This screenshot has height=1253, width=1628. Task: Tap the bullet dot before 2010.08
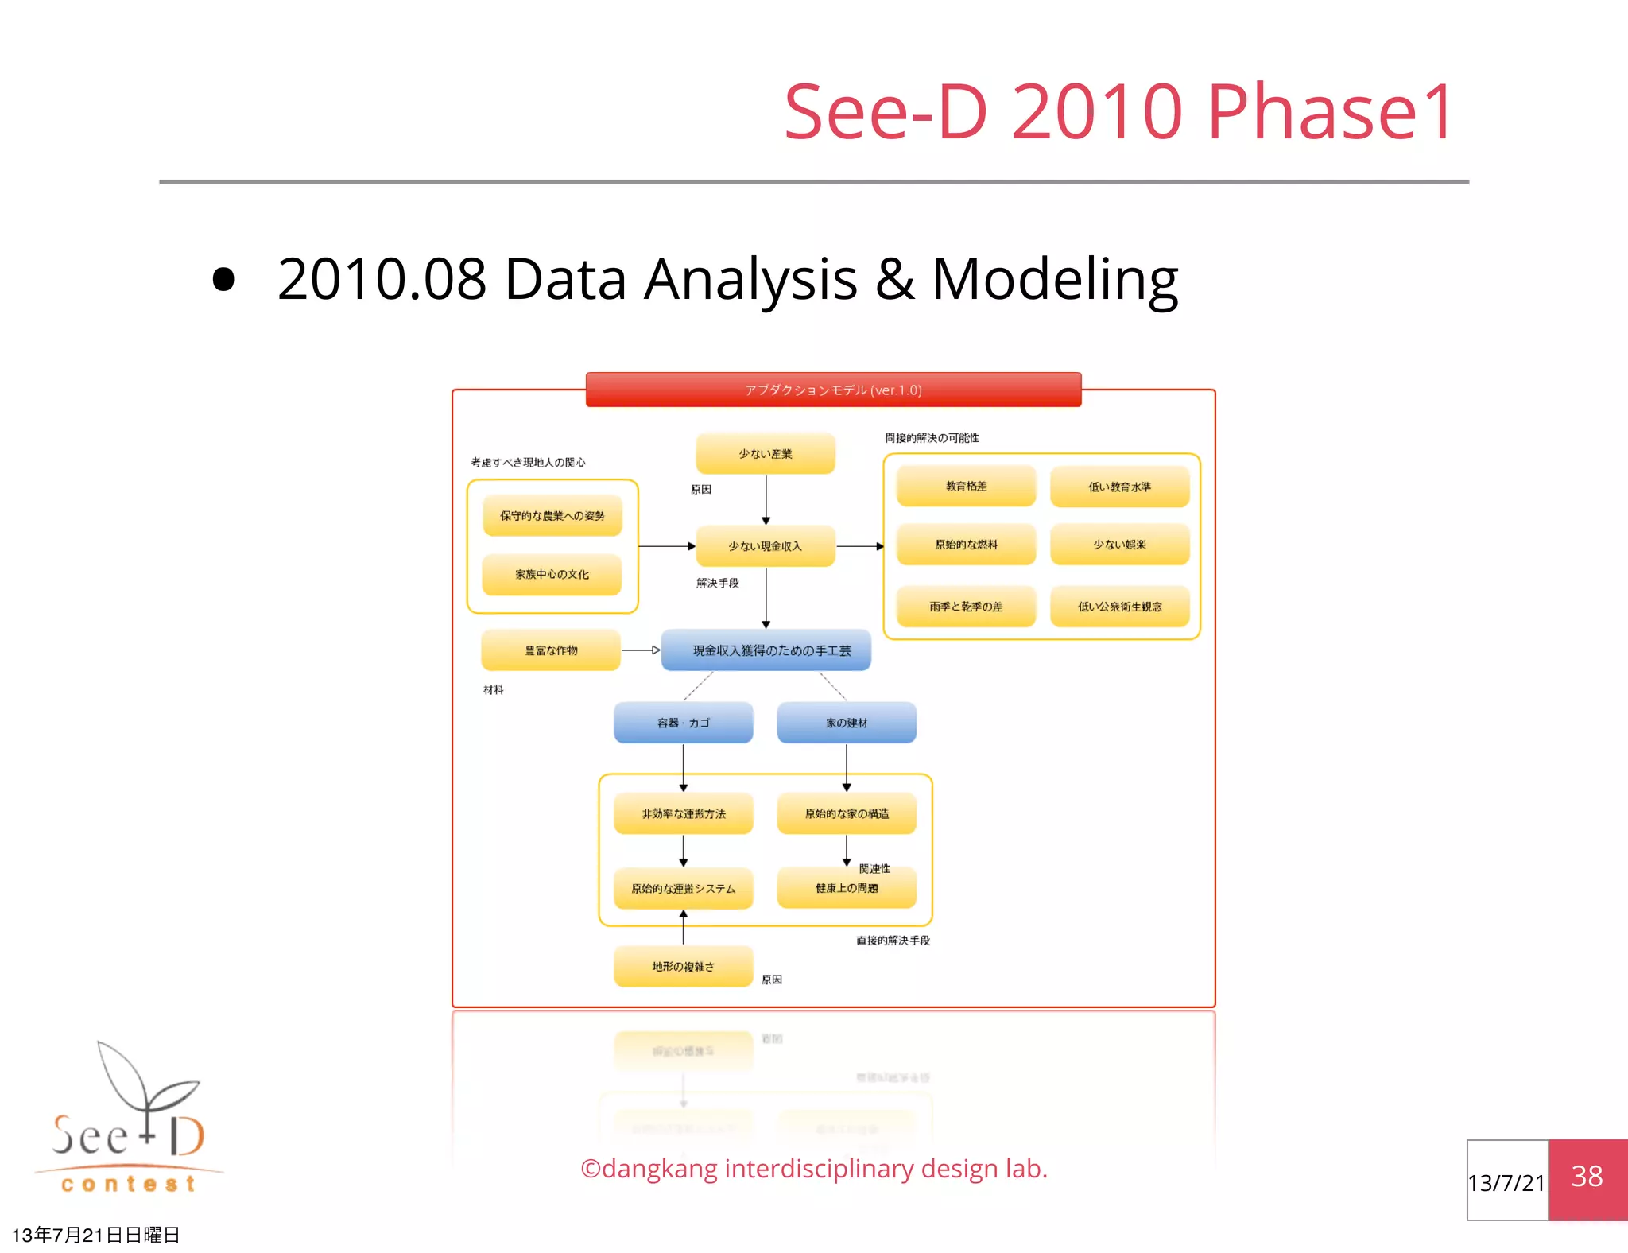(x=224, y=280)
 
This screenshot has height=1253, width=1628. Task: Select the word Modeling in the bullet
(x=1055, y=280)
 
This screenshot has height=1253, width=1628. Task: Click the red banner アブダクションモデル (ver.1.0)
(x=833, y=390)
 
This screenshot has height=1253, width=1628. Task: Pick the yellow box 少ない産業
(x=766, y=454)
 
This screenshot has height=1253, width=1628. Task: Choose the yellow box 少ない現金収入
(x=766, y=546)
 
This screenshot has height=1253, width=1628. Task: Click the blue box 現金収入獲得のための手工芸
(x=766, y=650)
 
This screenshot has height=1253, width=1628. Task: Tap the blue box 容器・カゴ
(x=683, y=723)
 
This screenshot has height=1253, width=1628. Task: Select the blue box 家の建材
(x=847, y=723)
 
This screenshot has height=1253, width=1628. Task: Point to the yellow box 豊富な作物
(x=551, y=650)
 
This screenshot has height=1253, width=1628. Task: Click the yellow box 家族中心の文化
(x=552, y=574)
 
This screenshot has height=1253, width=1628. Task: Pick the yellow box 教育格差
(x=966, y=486)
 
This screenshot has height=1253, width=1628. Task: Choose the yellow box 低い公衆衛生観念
(x=1119, y=607)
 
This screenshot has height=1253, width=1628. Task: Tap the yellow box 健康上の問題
(x=847, y=888)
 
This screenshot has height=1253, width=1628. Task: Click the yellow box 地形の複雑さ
(x=683, y=966)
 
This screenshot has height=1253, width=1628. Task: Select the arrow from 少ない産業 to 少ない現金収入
(x=766, y=499)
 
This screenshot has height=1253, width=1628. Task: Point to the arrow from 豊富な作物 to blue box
(x=641, y=650)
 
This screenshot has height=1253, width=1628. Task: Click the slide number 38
(x=1587, y=1177)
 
